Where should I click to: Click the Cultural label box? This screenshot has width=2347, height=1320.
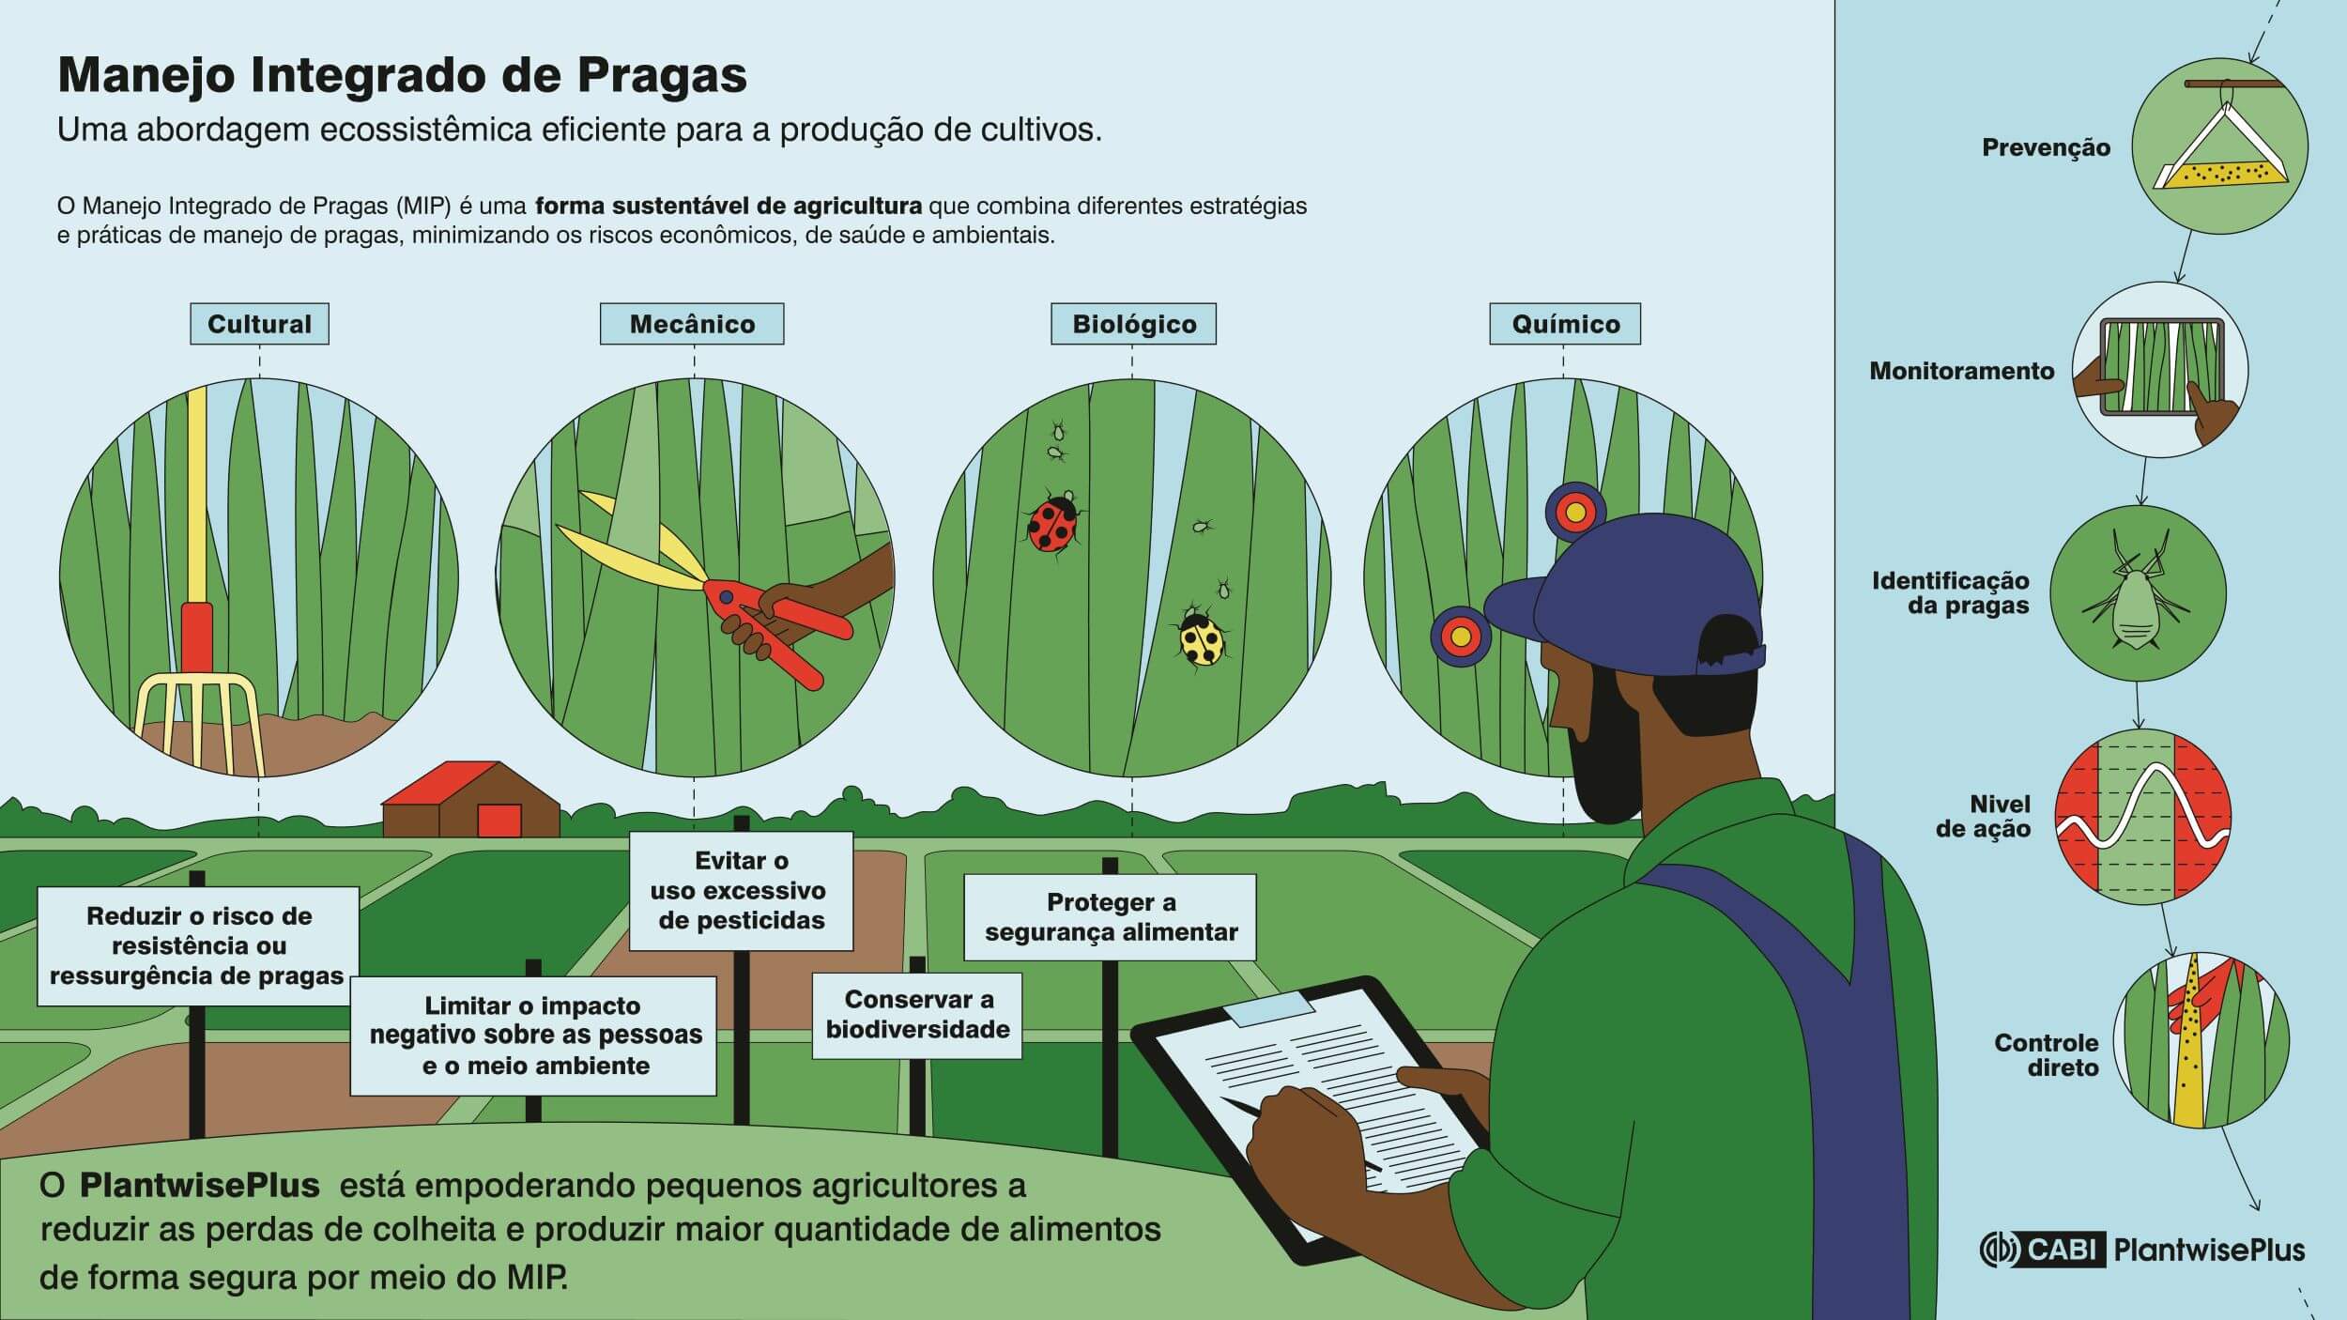(x=259, y=324)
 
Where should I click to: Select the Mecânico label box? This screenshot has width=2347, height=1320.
(x=692, y=324)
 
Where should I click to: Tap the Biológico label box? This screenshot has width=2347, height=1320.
(x=1133, y=324)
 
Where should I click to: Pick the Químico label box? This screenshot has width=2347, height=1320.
(x=1565, y=324)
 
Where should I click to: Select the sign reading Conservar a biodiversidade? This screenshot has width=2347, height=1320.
(x=916, y=1015)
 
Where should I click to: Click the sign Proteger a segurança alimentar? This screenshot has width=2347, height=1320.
(x=1110, y=917)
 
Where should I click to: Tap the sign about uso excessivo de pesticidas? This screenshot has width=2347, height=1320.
(x=741, y=890)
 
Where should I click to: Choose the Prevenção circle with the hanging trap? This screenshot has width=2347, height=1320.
(x=2219, y=146)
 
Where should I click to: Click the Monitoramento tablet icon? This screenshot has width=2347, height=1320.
(x=2159, y=370)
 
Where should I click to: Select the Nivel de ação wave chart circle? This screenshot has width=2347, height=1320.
(x=2142, y=816)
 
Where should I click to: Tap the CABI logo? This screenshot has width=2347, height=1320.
(x=2043, y=1250)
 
